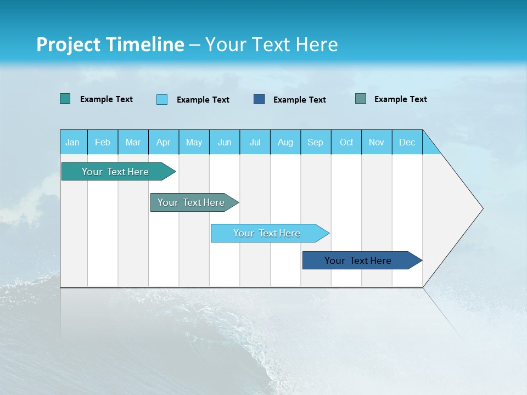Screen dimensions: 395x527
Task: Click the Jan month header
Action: (73, 142)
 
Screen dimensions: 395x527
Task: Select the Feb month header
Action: (103, 142)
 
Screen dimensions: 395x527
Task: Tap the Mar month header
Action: (133, 142)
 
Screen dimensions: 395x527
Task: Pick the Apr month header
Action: (164, 142)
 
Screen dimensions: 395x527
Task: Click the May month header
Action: (194, 142)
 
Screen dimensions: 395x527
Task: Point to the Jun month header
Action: (225, 142)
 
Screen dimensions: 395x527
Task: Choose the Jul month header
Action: (255, 142)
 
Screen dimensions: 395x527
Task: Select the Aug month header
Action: (285, 142)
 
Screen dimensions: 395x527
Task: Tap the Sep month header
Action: (316, 142)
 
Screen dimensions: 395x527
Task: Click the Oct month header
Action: (346, 142)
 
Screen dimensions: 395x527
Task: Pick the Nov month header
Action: (377, 142)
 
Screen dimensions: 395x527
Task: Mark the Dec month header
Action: (407, 142)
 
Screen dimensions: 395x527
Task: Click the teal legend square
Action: (65, 99)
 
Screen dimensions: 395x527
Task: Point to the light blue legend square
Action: (162, 99)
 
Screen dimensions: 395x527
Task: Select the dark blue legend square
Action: (259, 99)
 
